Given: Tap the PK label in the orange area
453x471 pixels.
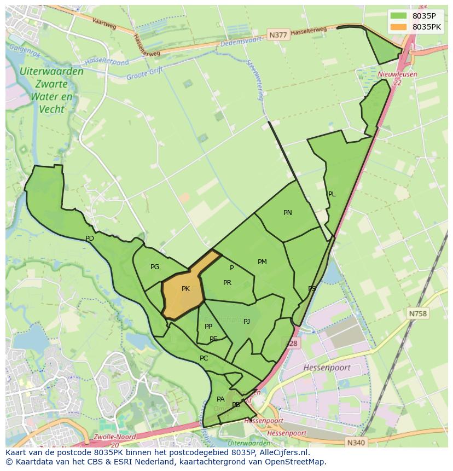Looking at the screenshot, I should tap(185, 289).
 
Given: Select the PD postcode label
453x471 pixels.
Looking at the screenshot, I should tap(90, 239).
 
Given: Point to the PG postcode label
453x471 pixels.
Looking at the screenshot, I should tap(155, 267).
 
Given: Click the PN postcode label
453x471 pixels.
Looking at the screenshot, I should tap(288, 213).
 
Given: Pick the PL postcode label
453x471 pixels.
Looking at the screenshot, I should tap(332, 194).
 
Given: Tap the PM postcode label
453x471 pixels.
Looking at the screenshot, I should tap(262, 262).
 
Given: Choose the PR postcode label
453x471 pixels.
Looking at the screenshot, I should tap(227, 283).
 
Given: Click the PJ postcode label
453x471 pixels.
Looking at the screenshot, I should tap(247, 322).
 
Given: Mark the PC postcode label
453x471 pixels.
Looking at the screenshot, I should tap(204, 358).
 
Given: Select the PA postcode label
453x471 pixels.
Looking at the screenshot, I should tap(220, 399).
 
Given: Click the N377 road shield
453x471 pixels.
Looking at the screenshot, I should tap(278, 36).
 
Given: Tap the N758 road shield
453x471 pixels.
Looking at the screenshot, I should tap(417, 313).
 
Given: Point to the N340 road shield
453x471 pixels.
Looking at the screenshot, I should tap(356, 441).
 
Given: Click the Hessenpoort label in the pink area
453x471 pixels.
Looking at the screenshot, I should tap(327, 368).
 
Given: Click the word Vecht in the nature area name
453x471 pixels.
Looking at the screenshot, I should tap(51, 109).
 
